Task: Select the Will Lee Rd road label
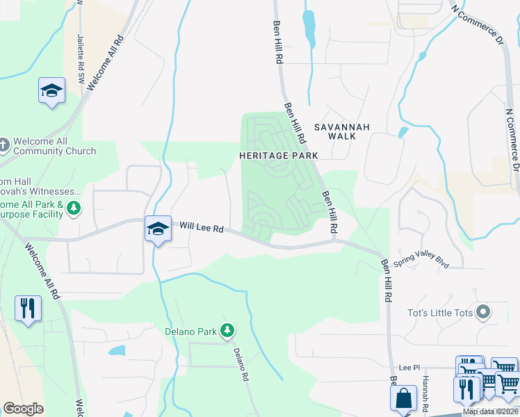pos(201,227)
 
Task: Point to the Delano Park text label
pos(190,332)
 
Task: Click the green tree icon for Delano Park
pos(227,331)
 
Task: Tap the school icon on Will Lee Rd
pos(158,229)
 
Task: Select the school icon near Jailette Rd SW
pos(51,91)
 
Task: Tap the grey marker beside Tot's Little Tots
pos(484,312)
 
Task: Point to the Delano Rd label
pos(241,365)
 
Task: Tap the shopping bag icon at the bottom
pos(403,398)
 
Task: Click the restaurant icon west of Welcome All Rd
pos(28,308)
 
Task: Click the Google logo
pos(24,409)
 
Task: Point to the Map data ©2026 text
pos(490,411)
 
